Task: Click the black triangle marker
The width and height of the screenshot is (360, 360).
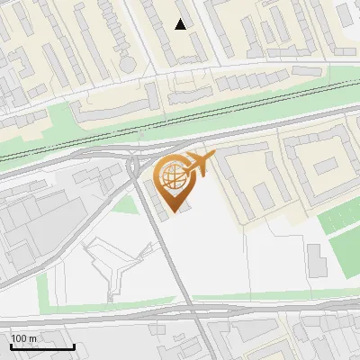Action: [181, 24]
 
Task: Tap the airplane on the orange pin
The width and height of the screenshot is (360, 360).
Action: [199, 163]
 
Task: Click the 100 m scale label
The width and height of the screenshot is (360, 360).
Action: [23, 338]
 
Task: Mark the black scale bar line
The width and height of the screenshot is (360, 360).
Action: [41, 346]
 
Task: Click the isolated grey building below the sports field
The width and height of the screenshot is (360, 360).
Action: [316, 260]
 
